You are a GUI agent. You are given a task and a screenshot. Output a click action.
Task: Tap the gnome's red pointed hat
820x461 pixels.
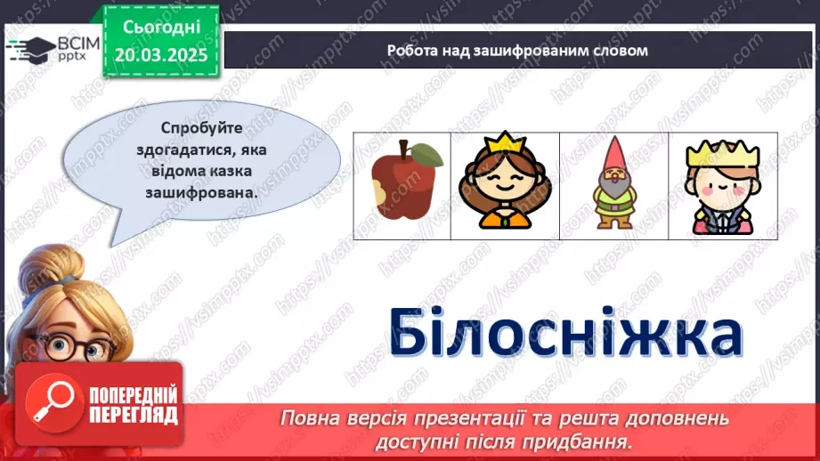pyautogui.click(x=613, y=153)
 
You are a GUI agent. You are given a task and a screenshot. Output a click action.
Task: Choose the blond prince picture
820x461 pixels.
pyautogui.click(x=721, y=187)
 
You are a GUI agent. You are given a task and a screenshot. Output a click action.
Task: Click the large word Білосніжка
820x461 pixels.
pyautogui.click(x=565, y=330)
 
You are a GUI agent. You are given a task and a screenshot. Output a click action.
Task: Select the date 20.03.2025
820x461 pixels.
pyautogui.click(x=159, y=55)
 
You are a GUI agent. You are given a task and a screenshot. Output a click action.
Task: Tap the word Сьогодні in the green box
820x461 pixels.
pyautogui.click(x=159, y=28)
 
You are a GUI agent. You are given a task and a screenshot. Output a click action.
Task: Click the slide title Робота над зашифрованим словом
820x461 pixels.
pyautogui.click(x=517, y=50)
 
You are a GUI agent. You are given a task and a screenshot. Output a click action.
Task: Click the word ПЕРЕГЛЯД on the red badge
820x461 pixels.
pyautogui.click(x=134, y=414)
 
